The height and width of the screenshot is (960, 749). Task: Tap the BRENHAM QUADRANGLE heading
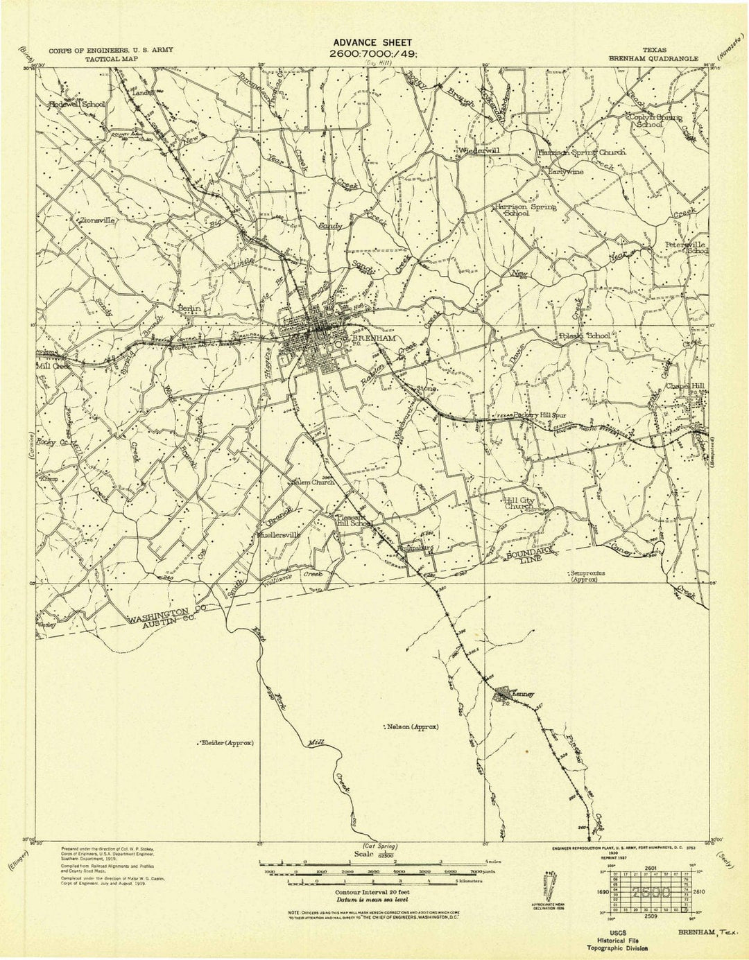click(653, 60)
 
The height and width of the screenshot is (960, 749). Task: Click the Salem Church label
click(312, 482)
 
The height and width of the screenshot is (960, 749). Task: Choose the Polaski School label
click(584, 335)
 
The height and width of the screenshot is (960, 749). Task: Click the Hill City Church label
click(519, 503)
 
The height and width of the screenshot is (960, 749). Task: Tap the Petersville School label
click(686, 248)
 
